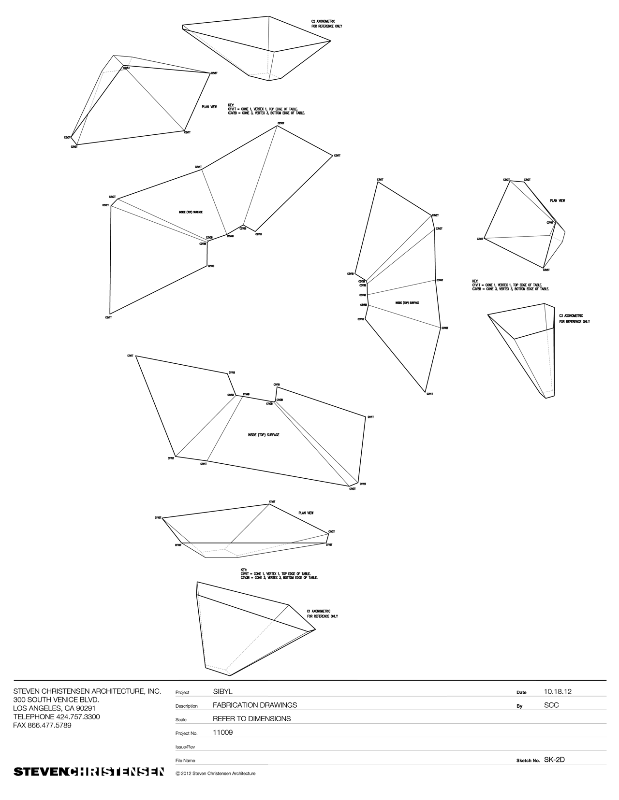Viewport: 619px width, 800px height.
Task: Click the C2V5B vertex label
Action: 243,229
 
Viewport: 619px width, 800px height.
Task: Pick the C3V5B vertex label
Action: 363,305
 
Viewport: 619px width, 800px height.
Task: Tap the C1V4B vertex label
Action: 246,394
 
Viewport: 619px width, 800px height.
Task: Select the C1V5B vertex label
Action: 231,395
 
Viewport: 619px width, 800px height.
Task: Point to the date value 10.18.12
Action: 557,692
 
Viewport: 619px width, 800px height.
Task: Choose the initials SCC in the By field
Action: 551,705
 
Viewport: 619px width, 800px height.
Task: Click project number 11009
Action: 222,732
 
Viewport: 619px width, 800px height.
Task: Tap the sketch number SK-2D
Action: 554,759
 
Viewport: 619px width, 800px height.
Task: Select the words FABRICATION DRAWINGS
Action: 255,705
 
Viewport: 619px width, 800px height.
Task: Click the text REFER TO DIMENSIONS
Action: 251,719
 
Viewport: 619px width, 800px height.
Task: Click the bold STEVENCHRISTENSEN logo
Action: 88,771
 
